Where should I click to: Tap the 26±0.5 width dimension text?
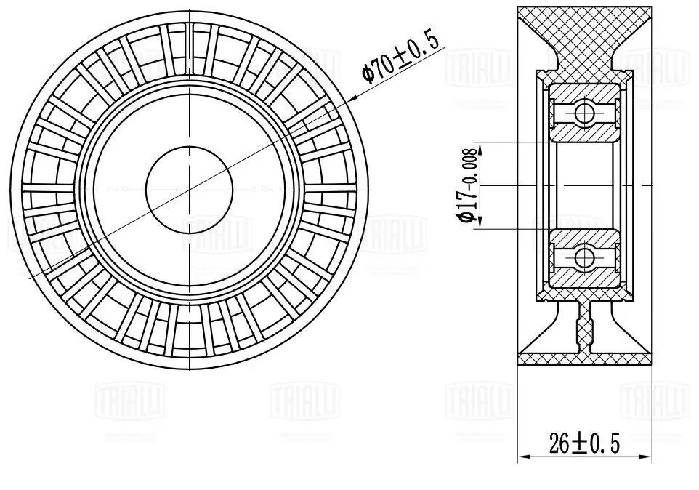point(584,443)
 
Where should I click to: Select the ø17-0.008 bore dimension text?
point(467,185)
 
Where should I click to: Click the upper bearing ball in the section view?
point(583,113)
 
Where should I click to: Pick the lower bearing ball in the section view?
point(583,257)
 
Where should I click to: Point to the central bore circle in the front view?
point(189,189)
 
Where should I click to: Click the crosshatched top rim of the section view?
point(584,29)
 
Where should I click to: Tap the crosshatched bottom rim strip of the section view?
point(584,358)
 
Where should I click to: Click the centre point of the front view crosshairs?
point(189,189)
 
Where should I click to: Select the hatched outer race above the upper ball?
point(583,92)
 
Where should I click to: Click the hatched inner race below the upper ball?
point(583,132)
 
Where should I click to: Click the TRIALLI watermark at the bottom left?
point(131,401)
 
